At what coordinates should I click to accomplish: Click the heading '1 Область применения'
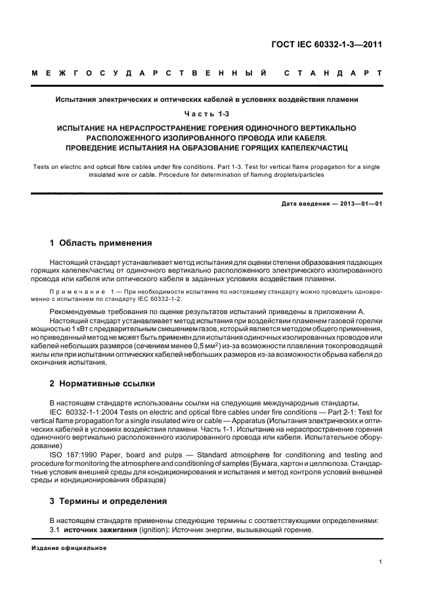pyautogui.click(x=101, y=242)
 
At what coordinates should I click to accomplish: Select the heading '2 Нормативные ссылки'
pyautogui.click(x=102, y=383)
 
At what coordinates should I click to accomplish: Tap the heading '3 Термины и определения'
pyautogui.click(x=108, y=501)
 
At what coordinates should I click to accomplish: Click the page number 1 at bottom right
pyautogui.click(x=381, y=561)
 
